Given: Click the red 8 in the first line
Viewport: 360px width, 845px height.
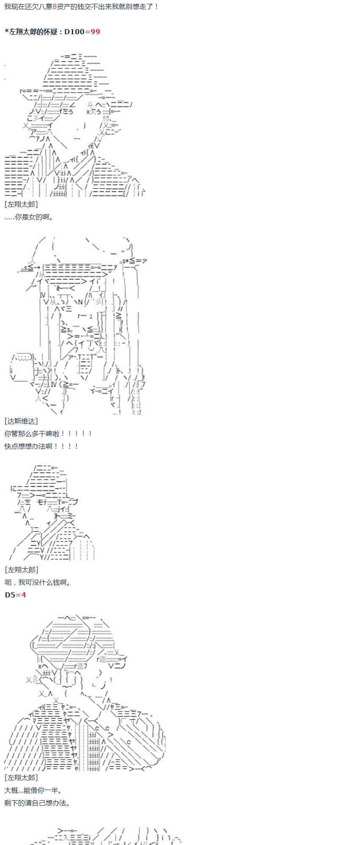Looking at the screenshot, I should click(55, 7).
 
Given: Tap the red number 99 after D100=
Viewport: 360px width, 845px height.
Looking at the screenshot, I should click(95, 32).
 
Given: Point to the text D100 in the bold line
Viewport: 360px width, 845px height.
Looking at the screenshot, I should click(74, 32).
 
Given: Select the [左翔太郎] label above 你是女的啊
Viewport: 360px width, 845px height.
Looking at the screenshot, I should click(21, 204).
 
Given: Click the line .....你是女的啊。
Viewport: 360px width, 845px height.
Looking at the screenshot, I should click(29, 217).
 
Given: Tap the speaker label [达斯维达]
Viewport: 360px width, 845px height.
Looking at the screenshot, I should click(21, 421).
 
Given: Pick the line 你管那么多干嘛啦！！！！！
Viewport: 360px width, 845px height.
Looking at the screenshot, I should click(48, 433).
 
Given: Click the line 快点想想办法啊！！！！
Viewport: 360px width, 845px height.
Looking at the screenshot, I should click(41, 446).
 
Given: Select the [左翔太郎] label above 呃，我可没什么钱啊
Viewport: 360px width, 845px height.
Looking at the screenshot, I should click(21, 570).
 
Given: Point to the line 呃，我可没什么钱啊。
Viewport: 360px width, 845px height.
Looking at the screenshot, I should click(38, 583).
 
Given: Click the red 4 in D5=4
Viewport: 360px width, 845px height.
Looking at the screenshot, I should click(24, 595).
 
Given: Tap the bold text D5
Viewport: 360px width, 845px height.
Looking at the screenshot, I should click(10, 595).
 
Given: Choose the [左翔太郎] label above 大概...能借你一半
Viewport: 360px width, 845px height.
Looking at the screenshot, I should click(21, 778).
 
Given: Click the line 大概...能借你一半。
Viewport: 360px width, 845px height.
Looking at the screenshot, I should click(33, 790).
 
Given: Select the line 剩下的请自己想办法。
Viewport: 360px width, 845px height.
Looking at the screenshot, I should click(37, 803).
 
